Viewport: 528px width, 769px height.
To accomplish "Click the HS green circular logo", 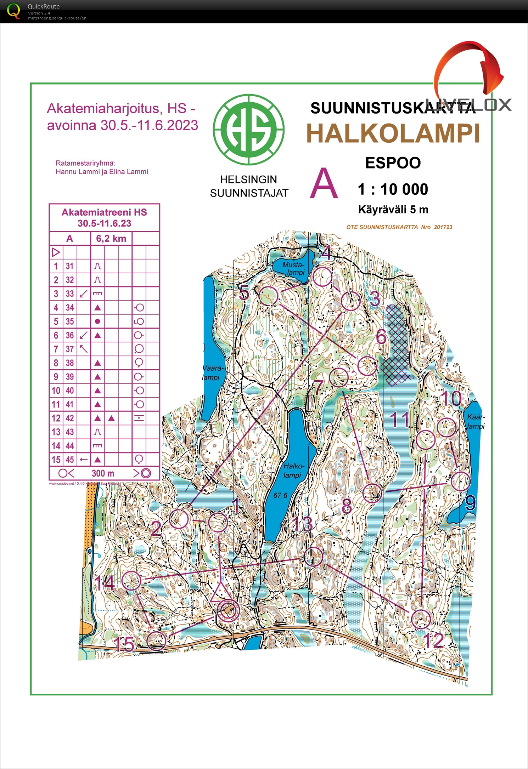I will tap(248, 130).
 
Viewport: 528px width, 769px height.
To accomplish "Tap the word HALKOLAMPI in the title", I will tap(393, 134).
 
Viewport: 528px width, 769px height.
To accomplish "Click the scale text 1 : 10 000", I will tap(393, 189).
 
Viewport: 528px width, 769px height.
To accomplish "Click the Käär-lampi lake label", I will tap(476, 421).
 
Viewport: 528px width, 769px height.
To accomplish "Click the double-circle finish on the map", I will tap(228, 610).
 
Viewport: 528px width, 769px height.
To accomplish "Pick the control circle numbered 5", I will tap(268, 296).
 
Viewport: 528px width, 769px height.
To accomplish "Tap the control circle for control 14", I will tap(131, 581).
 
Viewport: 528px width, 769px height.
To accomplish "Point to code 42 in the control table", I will tap(70, 418).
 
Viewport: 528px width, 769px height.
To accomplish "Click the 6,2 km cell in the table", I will tap(111, 239).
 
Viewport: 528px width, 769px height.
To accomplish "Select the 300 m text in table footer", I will tap(103, 473).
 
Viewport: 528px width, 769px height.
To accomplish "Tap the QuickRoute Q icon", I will tap(13, 11).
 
